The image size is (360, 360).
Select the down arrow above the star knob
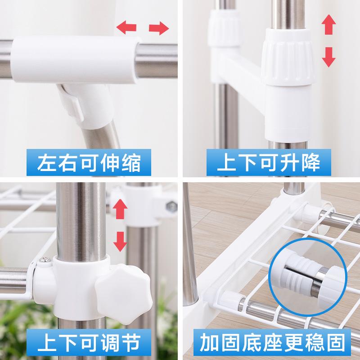(x=119, y=241)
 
